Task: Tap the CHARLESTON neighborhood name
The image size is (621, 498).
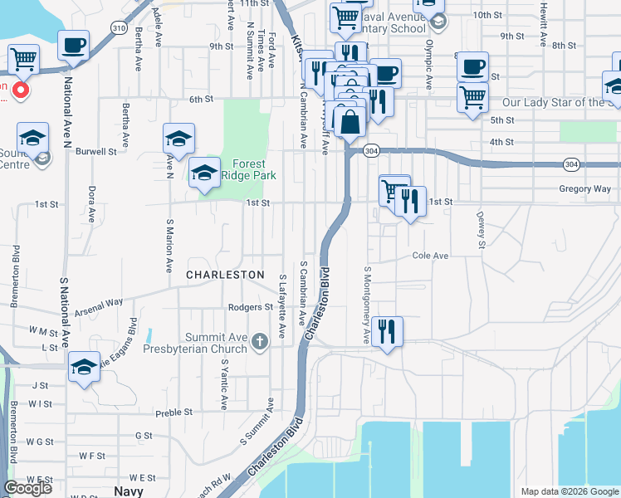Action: coord(225,274)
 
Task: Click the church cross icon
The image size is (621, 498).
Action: coord(260,340)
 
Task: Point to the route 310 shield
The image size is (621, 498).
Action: coord(118,27)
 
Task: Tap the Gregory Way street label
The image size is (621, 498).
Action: coord(584,189)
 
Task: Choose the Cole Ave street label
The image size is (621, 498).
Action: coord(430,256)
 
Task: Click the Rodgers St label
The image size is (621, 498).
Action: coord(251,307)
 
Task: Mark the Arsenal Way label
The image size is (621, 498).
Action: coord(99,313)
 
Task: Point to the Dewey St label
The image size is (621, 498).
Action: coord(480,229)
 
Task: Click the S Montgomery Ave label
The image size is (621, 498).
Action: coord(365,305)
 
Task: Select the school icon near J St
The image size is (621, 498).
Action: coord(84,367)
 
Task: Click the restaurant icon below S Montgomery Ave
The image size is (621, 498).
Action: coord(387,331)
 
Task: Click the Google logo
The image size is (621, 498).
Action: coord(27,488)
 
